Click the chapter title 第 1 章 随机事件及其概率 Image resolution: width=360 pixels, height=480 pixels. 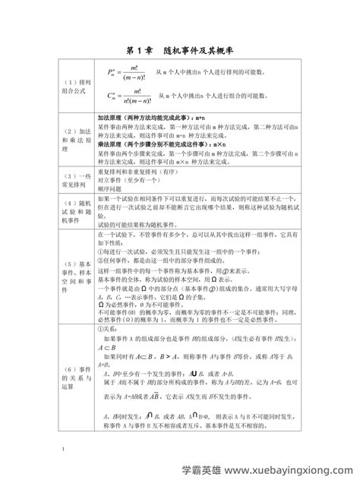pos(179,50)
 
